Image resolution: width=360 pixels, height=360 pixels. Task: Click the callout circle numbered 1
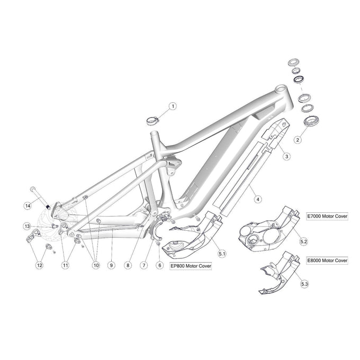(x=172, y=106)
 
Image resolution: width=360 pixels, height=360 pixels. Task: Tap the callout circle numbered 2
(x=298, y=140)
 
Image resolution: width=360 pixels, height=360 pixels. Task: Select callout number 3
(x=285, y=156)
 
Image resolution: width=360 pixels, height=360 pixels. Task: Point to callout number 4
(x=258, y=200)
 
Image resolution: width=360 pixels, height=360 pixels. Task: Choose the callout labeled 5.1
(x=222, y=254)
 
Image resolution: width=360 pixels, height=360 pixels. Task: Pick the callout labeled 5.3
(x=303, y=284)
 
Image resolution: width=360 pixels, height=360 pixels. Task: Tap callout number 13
(x=27, y=226)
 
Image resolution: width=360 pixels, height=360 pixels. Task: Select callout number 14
(x=28, y=204)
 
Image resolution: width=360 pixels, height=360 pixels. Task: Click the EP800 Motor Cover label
(x=189, y=267)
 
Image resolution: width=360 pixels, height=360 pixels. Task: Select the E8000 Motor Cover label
(x=327, y=260)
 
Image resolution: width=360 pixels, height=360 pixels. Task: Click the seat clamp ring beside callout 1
(x=152, y=120)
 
